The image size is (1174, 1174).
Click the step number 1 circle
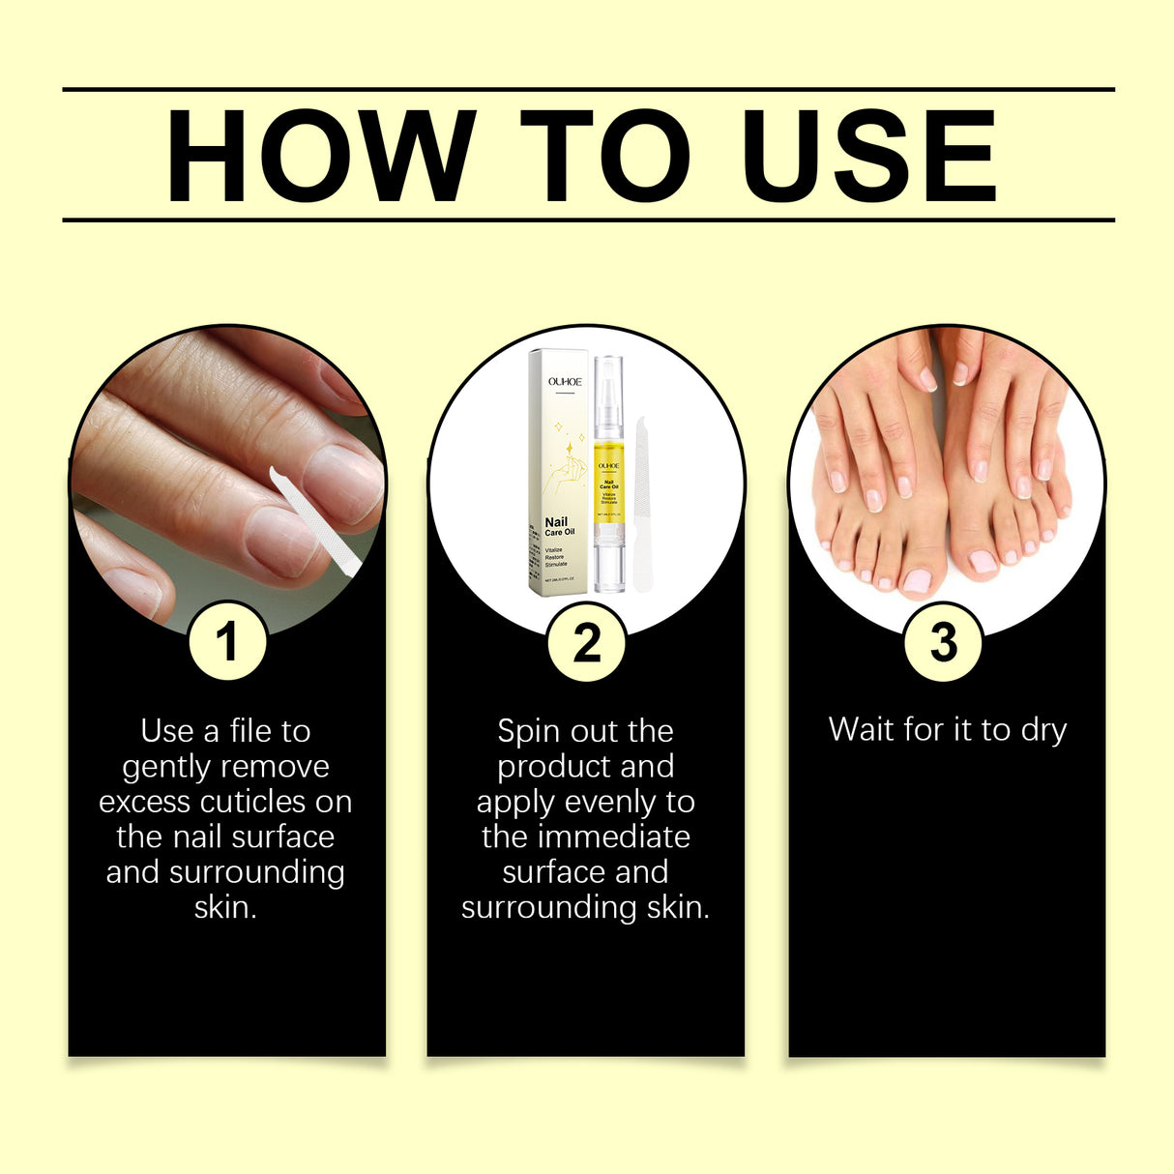click(227, 642)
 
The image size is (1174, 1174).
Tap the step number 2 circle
click(586, 642)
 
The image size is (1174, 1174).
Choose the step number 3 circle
click(943, 642)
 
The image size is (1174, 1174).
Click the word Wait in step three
click(862, 729)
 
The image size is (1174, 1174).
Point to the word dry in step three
click(1043, 730)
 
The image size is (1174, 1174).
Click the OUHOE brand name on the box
click(565, 382)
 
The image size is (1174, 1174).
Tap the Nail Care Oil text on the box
click(558, 526)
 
